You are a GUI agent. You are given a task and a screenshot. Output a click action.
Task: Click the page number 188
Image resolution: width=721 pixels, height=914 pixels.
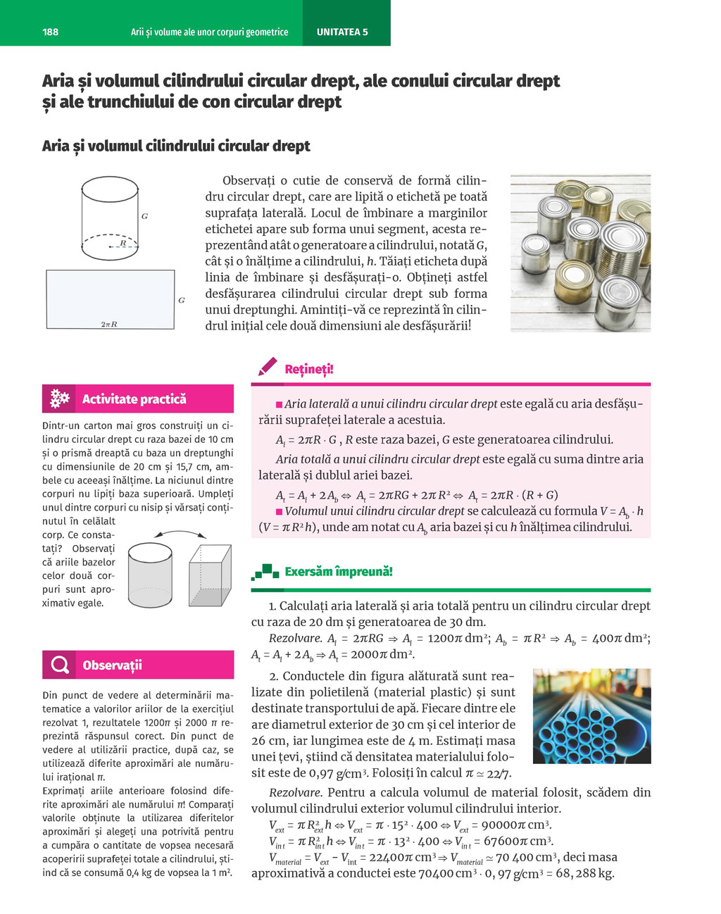pos(51,32)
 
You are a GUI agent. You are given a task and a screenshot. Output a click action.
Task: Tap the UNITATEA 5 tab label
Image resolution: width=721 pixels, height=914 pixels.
pos(342,32)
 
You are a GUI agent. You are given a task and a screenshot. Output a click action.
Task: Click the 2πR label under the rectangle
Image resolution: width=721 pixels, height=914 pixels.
pos(109,324)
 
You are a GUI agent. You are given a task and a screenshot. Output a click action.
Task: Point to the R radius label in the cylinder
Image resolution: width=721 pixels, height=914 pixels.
pos(123,242)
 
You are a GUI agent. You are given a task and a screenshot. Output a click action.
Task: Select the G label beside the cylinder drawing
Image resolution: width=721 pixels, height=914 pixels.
pos(144,216)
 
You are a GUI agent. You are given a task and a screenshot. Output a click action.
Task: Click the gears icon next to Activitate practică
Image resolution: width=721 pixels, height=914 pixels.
pos(60,399)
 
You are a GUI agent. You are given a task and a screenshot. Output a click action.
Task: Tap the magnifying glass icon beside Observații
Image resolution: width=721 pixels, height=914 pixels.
pos(61,665)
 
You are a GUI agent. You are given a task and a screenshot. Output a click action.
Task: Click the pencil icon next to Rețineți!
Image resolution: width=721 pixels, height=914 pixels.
pos(268,367)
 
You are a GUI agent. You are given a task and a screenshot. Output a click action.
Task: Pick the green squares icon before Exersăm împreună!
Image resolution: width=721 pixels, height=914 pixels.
pos(265,572)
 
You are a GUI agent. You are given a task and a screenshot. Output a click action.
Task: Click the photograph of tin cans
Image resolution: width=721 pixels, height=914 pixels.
pos(580,253)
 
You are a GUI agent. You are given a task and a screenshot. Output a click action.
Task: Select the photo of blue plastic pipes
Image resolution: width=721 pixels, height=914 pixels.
pos(591,716)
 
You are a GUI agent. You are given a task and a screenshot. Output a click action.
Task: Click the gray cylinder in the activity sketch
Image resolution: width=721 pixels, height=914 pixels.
pos(151,575)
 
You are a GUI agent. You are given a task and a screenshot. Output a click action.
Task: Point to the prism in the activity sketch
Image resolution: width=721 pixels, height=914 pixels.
pos(210,576)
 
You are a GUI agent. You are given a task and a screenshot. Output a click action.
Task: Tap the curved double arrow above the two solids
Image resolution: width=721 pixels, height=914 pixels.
pos(180,534)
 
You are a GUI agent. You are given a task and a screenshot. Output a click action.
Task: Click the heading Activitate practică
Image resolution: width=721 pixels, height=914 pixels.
pos(134,399)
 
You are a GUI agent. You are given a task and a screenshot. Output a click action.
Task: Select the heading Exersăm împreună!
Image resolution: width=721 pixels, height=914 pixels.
pos(338,572)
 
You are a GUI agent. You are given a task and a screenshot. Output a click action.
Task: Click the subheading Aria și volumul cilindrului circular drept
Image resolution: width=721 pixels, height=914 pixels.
pos(176,146)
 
